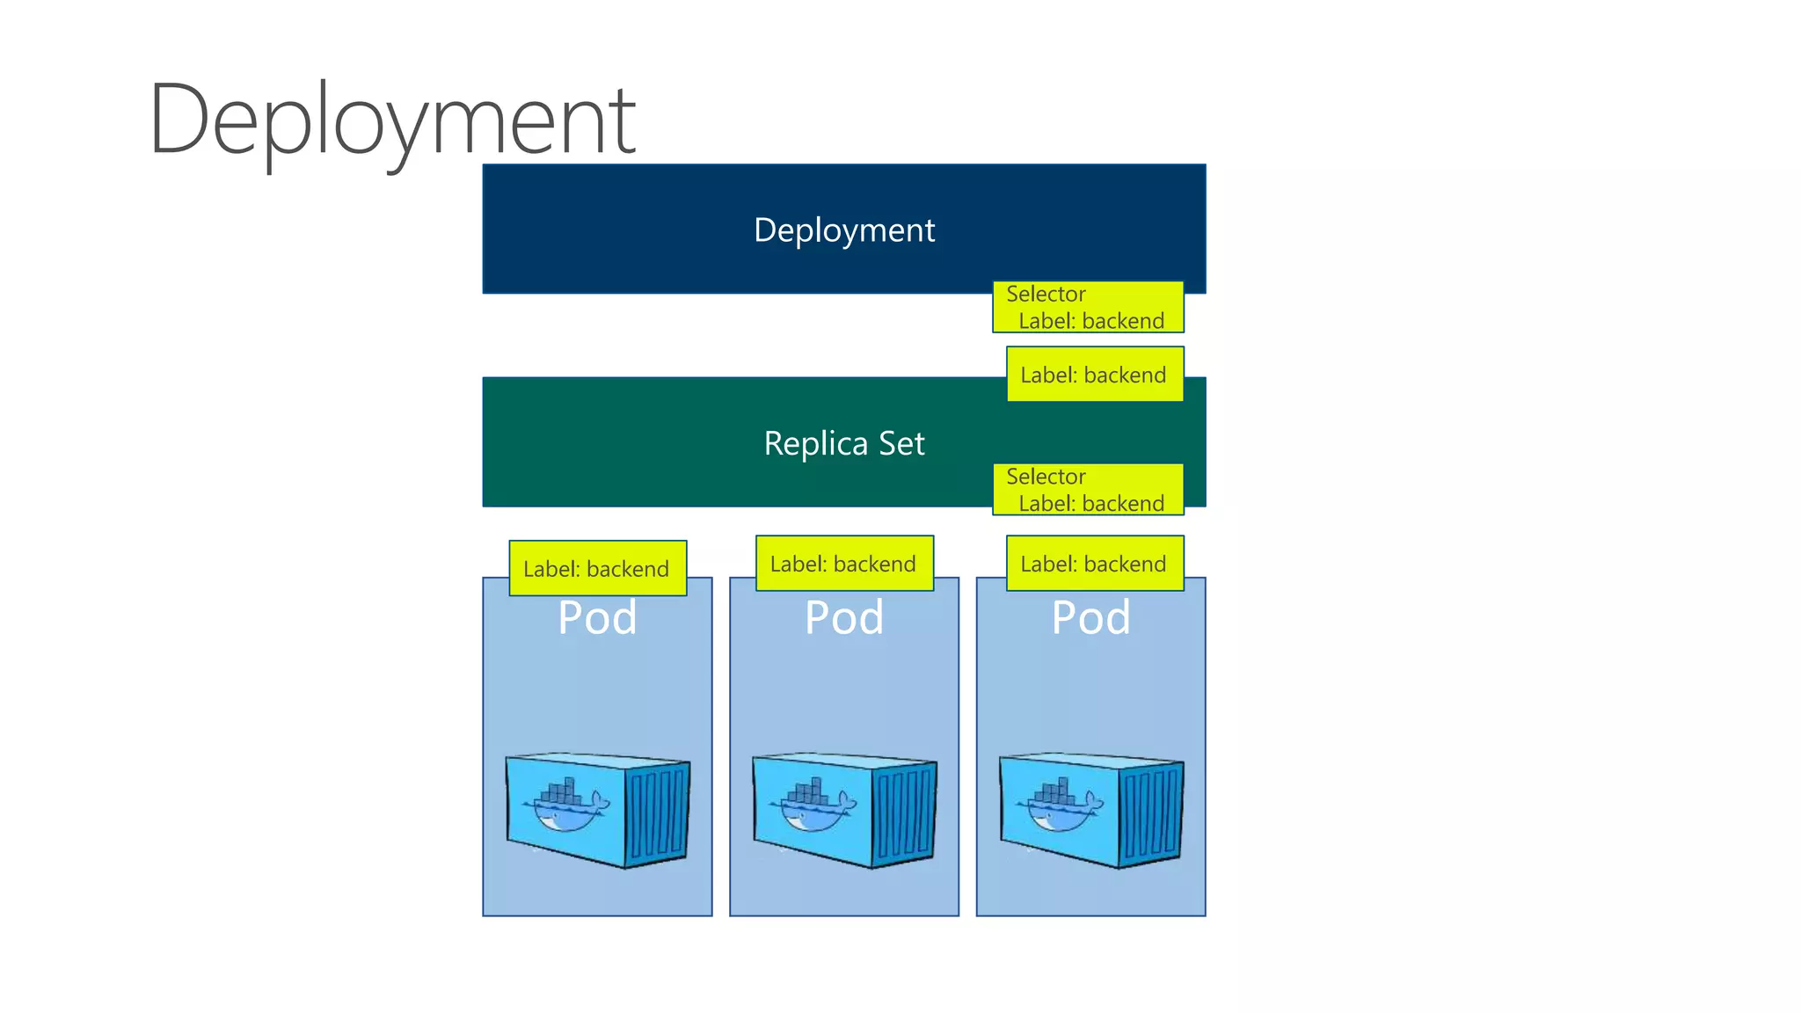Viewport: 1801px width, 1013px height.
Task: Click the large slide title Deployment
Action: coord(391,119)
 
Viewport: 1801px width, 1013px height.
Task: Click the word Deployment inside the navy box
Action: coord(844,230)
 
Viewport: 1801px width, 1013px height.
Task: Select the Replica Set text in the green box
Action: coord(844,443)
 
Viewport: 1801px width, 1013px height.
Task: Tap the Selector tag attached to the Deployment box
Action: coord(1088,307)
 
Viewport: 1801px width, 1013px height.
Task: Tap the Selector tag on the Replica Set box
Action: coord(1088,490)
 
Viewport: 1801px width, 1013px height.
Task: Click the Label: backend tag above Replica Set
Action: coord(1094,375)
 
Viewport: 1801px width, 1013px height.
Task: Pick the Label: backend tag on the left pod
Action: coord(597,569)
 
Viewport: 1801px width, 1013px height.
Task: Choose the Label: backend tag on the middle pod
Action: coord(844,564)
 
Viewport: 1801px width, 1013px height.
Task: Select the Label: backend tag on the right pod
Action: coord(1094,564)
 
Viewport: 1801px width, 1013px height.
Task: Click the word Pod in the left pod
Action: coord(597,617)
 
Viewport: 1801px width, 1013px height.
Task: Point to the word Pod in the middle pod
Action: coord(844,617)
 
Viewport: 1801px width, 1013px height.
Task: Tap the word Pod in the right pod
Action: coord(1091,617)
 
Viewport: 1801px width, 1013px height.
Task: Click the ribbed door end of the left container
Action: coord(658,813)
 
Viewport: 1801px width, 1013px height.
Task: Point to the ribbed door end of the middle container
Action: coord(905,813)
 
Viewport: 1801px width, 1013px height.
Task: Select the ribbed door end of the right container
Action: coord(1152,813)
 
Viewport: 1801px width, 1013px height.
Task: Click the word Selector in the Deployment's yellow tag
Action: coord(1046,294)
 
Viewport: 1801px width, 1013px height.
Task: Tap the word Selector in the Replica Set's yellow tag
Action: coord(1046,477)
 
